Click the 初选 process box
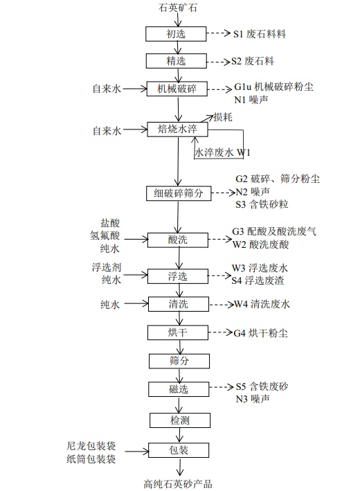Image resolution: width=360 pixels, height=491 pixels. click(x=176, y=34)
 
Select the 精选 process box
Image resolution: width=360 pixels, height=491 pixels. click(x=177, y=61)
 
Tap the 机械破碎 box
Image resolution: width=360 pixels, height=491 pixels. click(x=177, y=89)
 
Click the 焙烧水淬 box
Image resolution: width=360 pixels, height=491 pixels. click(x=177, y=129)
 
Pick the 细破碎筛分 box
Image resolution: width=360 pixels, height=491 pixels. click(x=179, y=193)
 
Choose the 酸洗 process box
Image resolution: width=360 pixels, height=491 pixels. click(x=178, y=240)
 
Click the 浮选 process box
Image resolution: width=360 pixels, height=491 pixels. click(x=178, y=276)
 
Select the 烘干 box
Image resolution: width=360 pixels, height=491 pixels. click(x=178, y=332)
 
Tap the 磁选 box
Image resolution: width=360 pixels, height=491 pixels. click(x=179, y=389)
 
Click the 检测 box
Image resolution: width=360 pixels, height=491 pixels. click(x=180, y=420)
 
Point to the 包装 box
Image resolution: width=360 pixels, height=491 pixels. click(x=179, y=450)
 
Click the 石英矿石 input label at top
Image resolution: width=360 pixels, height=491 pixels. click(x=178, y=8)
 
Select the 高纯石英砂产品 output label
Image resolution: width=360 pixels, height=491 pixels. click(x=178, y=484)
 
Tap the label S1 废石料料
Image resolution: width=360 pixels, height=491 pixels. click(x=260, y=33)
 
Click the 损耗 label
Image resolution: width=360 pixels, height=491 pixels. click(x=222, y=117)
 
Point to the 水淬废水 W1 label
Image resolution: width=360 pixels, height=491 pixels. click(x=222, y=152)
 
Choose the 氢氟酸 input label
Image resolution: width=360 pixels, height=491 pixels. click(x=105, y=235)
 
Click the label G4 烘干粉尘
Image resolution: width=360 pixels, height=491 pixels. click(x=260, y=333)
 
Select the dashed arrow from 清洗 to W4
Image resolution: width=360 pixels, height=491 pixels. click(x=222, y=305)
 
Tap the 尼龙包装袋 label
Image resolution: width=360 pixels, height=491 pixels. click(x=91, y=446)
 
